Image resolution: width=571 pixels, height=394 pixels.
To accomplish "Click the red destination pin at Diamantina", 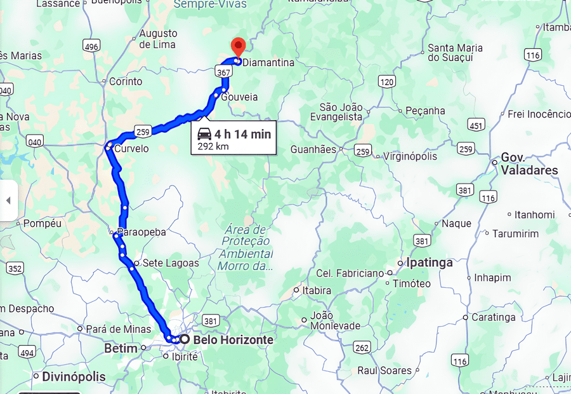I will click(238, 47).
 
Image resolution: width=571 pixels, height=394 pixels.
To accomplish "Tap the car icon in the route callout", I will click(204, 134).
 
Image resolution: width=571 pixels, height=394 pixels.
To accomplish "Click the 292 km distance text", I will click(213, 146).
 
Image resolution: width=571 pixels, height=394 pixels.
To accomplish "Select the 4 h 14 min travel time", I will click(242, 134).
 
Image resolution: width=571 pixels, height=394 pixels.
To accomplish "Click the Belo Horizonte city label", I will click(233, 340).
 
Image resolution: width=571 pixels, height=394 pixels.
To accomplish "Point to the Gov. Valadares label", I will click(529, 163).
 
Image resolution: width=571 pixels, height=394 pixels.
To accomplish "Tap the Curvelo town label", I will click(131, 149).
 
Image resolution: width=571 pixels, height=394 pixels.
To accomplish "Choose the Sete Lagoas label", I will click(171, 262).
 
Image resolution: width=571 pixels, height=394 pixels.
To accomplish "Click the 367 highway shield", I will click(223, 73).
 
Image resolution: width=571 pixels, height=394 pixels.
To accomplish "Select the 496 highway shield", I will click(91, 46).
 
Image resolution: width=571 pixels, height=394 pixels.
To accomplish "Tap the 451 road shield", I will click(476, 125).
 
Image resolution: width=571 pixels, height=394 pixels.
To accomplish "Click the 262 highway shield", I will click(362, 348).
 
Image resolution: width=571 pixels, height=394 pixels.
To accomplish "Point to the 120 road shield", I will click(386, 81).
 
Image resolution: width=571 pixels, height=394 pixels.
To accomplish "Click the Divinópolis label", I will click(74, 377).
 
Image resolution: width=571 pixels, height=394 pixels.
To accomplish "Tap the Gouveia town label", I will click(239, 97).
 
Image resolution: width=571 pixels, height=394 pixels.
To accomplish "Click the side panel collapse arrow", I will click(8, 200).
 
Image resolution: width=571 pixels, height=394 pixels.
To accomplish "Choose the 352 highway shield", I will click(15, 269).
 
